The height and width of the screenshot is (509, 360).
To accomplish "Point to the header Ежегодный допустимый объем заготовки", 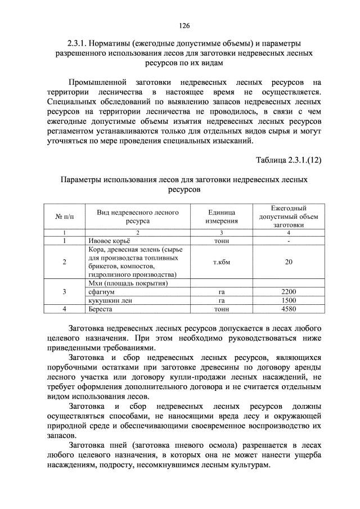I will point(289,217).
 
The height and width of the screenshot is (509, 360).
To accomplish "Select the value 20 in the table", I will point(289,262).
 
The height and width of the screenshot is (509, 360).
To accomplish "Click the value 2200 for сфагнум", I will point(289,292).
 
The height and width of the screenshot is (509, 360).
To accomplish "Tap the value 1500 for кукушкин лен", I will point(289,300).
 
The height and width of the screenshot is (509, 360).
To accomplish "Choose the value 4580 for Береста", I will point(289,309).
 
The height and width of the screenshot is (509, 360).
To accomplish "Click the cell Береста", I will point(101,309).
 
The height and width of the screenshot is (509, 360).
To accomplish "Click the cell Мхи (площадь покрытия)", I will point(129,283).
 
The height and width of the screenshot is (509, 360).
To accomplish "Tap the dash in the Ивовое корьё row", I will point(289,241).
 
